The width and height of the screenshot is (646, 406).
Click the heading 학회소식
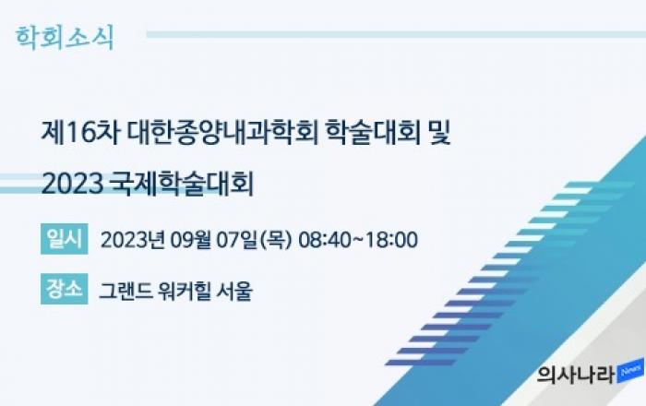[65, 38]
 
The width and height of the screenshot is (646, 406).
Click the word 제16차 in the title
[80, 133]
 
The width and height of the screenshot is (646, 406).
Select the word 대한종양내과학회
[222, 133]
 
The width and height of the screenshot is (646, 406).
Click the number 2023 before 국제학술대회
[72, 184]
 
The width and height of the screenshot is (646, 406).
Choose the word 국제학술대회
[182, 184]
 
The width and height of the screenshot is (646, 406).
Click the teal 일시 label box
[65, 239]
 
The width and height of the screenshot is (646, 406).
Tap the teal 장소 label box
[65, 289]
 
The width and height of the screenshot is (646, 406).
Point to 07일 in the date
[236, 240]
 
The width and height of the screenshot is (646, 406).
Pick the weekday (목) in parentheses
[275, 240]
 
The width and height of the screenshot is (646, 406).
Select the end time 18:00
[391, 240]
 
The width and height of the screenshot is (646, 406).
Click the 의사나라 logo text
[576, 375]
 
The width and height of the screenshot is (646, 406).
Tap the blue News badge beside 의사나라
[630, 371]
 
